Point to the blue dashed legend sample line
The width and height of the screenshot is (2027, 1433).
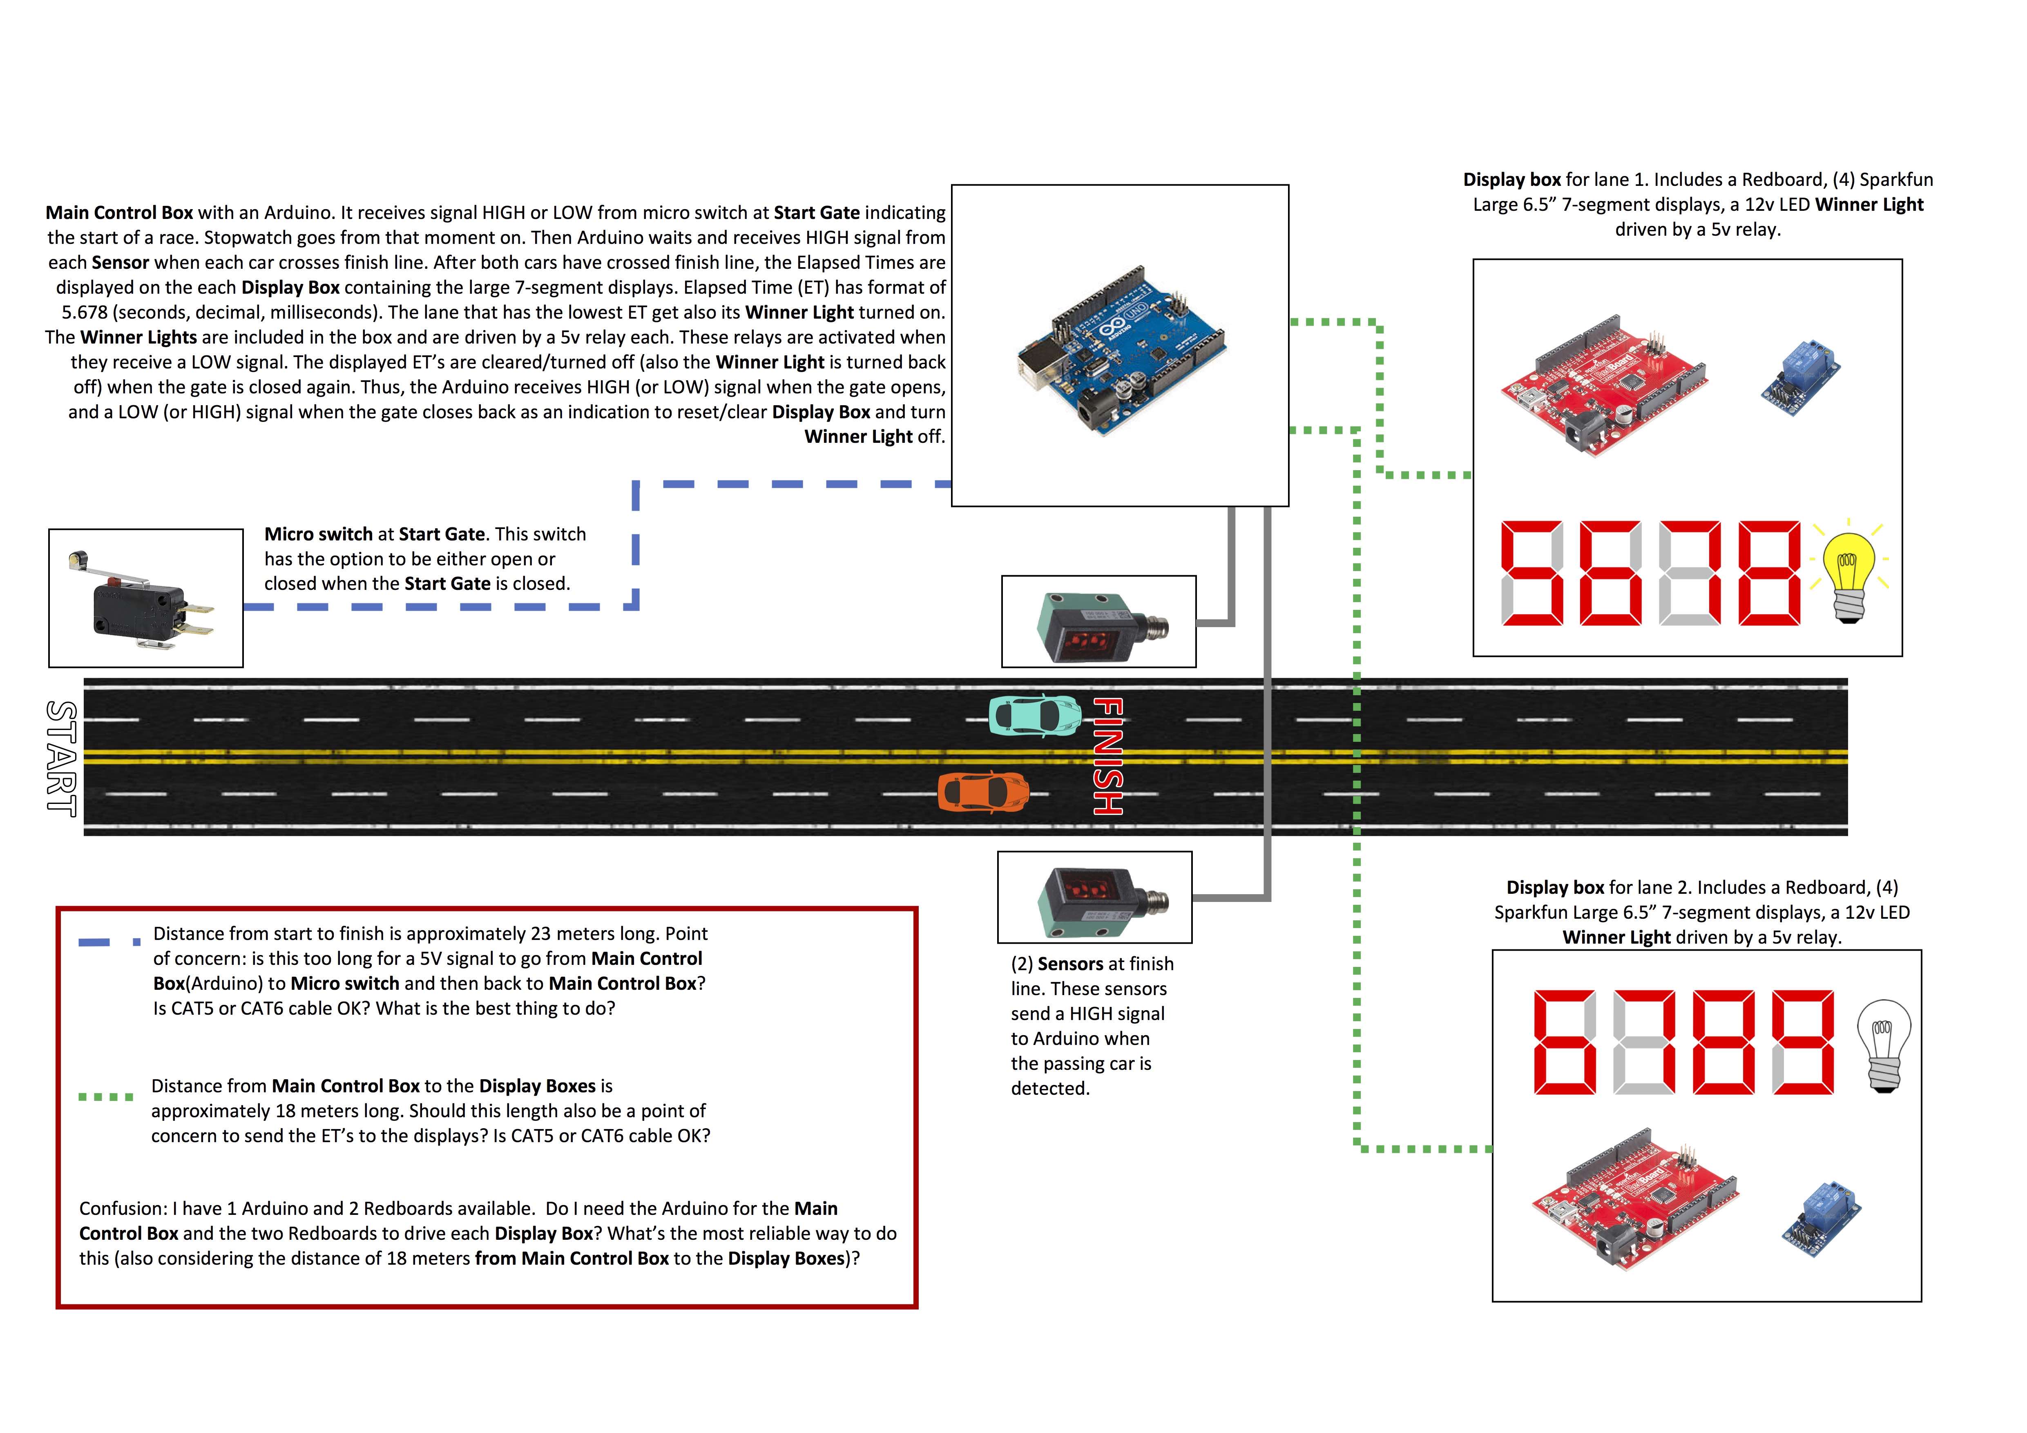click(109, 942)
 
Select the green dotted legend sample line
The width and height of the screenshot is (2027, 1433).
click(106, 1096)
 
